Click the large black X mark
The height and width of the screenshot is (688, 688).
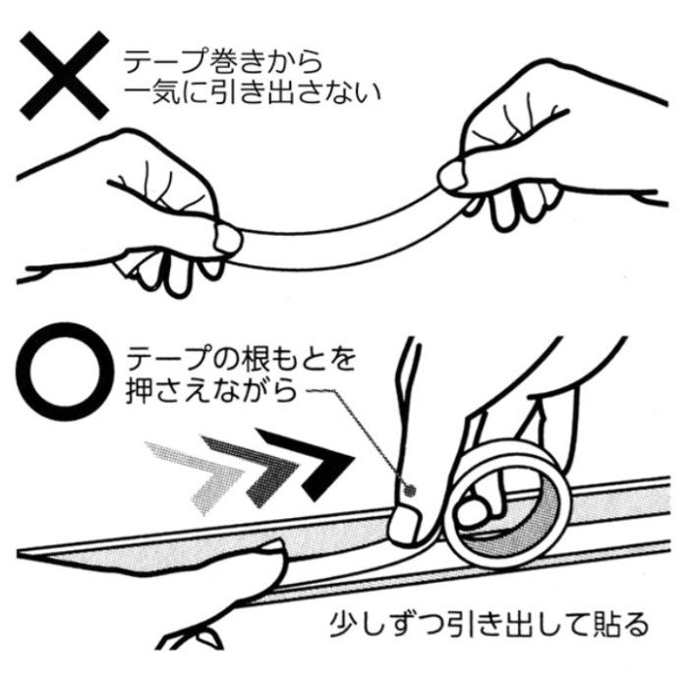click(x=64, y=76)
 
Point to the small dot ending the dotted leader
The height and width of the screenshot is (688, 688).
click(x=410, y=489)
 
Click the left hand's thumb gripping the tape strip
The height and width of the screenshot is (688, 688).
click(x=227, y=239)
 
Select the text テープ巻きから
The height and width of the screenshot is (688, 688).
click(x=222, y=62)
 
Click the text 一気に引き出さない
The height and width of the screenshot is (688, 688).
click(x=253, y=94)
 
